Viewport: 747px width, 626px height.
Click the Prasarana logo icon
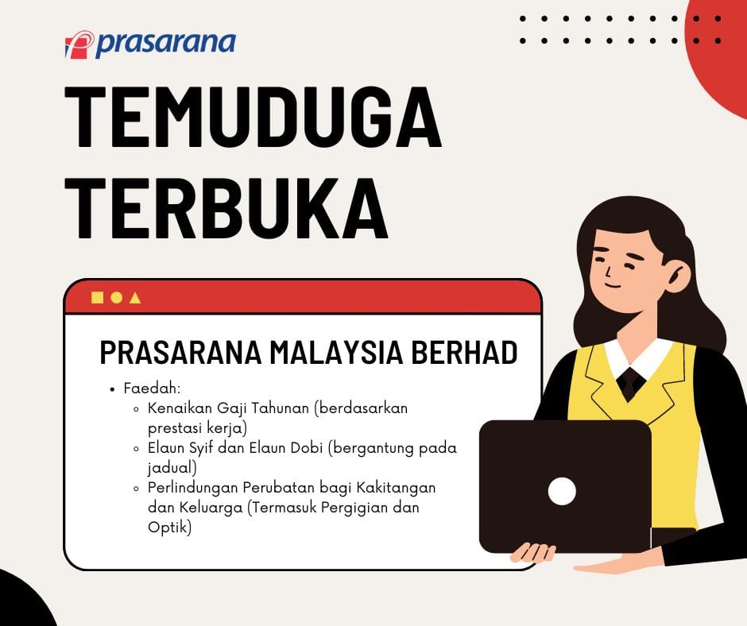[x=79, y=44]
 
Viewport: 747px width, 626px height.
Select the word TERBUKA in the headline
[x=226, y=207]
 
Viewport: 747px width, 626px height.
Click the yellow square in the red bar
[x=97, y=297]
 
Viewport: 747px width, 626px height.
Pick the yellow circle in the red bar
[x=116, y=297]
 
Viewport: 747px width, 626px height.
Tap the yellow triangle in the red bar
[x=135, y=298]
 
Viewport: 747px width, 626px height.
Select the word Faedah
[x=152, y=389]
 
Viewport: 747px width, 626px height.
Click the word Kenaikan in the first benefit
[x=179, y=408]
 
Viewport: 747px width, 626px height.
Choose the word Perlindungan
[x=194, y=486]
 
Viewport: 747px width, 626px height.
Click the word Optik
[x=169, y=526]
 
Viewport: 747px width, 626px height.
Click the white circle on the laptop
[x=562, y=491]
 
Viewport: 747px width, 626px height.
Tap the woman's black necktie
[x=632, y=382]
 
